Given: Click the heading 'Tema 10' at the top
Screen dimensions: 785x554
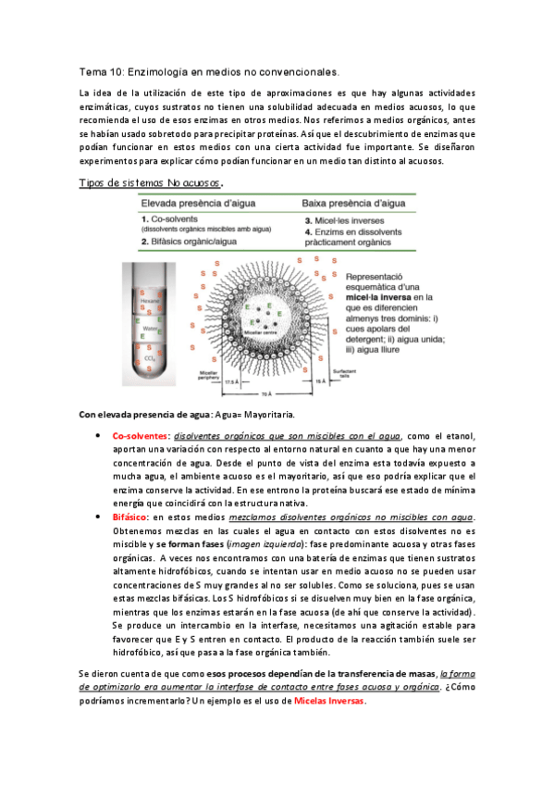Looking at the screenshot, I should coord(100,71).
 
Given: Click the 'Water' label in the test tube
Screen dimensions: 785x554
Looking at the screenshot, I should coord(147,328).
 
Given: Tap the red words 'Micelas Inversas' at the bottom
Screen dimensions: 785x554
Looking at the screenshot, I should coord(329,700).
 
